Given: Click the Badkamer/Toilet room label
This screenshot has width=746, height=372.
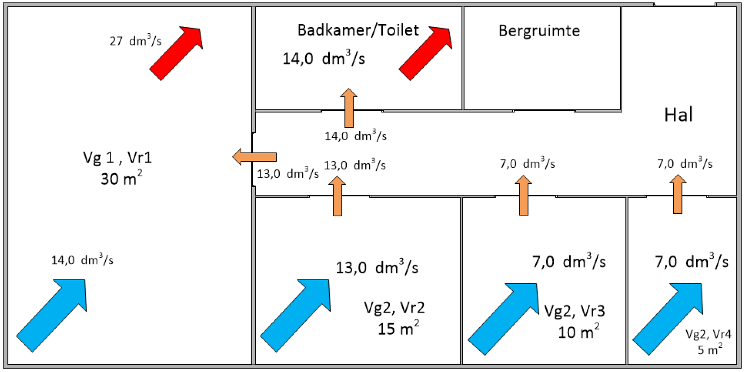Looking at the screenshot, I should pyautogui.click(x=358, y=30).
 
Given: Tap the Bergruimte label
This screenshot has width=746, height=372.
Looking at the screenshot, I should pyautogui.click(x=539, y=31).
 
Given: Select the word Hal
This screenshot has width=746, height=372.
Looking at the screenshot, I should pyautogui.click(x=678, y=115).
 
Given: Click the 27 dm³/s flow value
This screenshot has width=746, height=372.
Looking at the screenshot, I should pyautogui.click(x=136, y=41).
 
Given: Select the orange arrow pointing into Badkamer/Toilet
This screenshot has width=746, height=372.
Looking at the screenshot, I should pyautogui.click(x=349, y=108).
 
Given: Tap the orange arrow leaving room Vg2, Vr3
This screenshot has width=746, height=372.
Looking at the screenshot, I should pyautogui.click(x=523, y=195).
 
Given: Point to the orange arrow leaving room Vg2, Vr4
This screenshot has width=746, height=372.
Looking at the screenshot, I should pyautogui.click(x=677, y=194).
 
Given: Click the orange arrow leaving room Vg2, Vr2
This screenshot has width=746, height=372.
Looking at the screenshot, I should pyautogui.click(x=337, y=196).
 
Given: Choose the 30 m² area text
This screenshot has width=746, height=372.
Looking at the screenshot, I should pyautogui.click(x=121, y=178).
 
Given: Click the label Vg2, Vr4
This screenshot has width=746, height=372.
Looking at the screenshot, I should pyautogui.click(x=708, y=334).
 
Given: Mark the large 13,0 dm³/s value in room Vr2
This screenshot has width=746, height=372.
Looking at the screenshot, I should pyautogui.click(x=377, y=267).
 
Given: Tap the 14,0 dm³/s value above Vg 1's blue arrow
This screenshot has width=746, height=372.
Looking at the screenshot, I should pyautogui.click(x=82, y=260).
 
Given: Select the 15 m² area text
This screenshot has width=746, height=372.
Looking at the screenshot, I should pyautogui.click(x=398, y=329).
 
